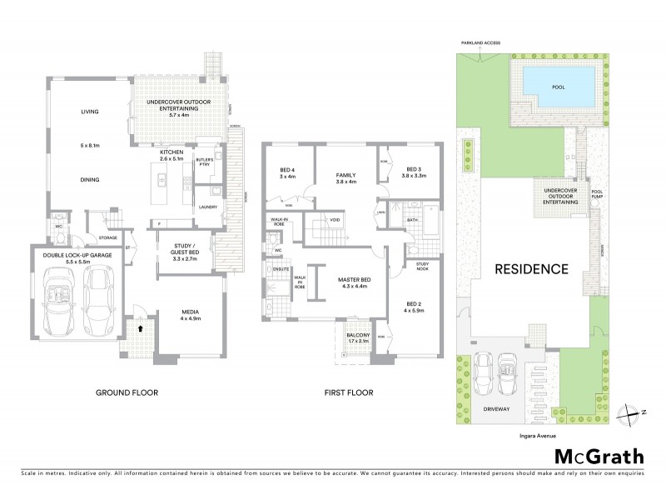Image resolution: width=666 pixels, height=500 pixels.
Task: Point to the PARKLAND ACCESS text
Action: (x=476, y=42)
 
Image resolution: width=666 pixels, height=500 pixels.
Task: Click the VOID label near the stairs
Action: (x=335, y=220)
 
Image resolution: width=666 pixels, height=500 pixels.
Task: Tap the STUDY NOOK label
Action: (x=415, y=266)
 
